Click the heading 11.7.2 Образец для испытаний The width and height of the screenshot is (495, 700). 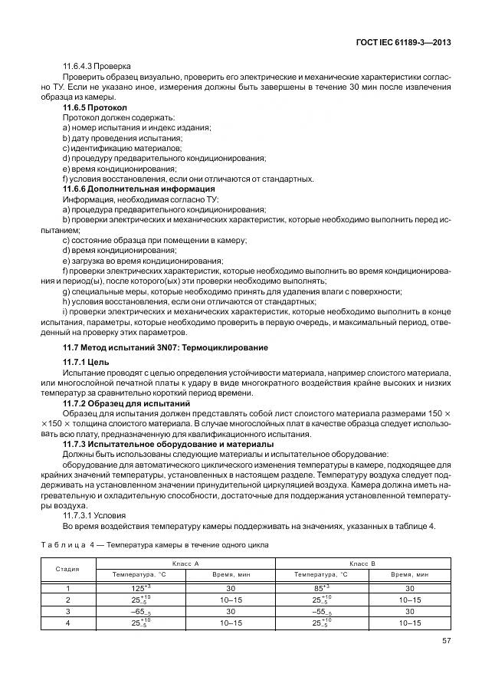(x=126, y=403)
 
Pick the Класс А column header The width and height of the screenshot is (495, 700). (x=184, y=563)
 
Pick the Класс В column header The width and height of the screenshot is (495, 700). (x=362, y=563)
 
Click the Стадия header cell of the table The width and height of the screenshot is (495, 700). (x=67, y=568)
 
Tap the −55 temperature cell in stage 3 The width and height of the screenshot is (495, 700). (x=317, y=611)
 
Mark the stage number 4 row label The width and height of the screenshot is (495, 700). (x=67, y=623)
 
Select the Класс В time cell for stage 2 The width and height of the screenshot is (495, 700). (x=408, y=599)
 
